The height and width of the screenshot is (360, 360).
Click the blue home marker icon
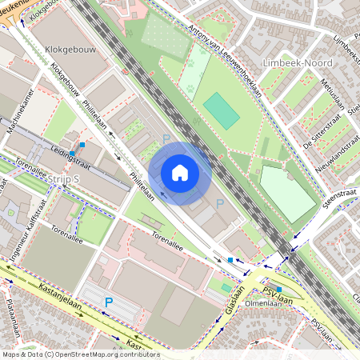coord(180,173)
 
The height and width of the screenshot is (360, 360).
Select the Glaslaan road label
coord(239,299)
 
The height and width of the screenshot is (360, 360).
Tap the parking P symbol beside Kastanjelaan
coord(110,302)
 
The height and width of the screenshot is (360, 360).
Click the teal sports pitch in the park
coord(222,111)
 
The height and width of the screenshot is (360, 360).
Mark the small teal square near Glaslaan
coord(226,287)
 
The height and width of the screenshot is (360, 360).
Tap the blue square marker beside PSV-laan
coord(278,289)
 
